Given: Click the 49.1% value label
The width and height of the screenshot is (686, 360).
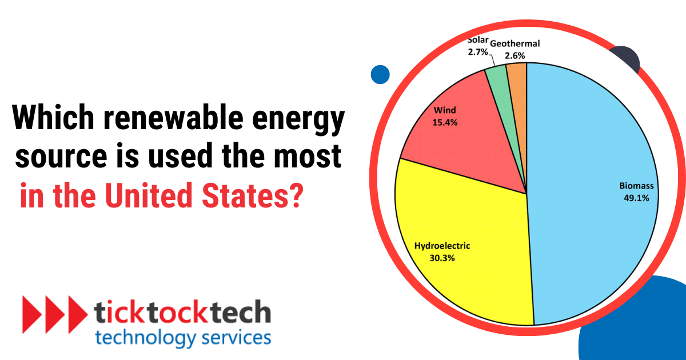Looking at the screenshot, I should click(x=636, y=198).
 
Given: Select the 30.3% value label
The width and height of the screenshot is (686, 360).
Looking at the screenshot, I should click(x=442, y=258).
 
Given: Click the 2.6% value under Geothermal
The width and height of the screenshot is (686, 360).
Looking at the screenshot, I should click(x=514, y=55).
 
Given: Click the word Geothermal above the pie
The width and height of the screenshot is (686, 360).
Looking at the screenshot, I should click(x=514, y=43).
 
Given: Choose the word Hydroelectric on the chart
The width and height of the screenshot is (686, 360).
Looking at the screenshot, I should click(x=442, y=246).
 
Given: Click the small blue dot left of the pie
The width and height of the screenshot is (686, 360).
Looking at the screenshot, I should click(x=380, y=74).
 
